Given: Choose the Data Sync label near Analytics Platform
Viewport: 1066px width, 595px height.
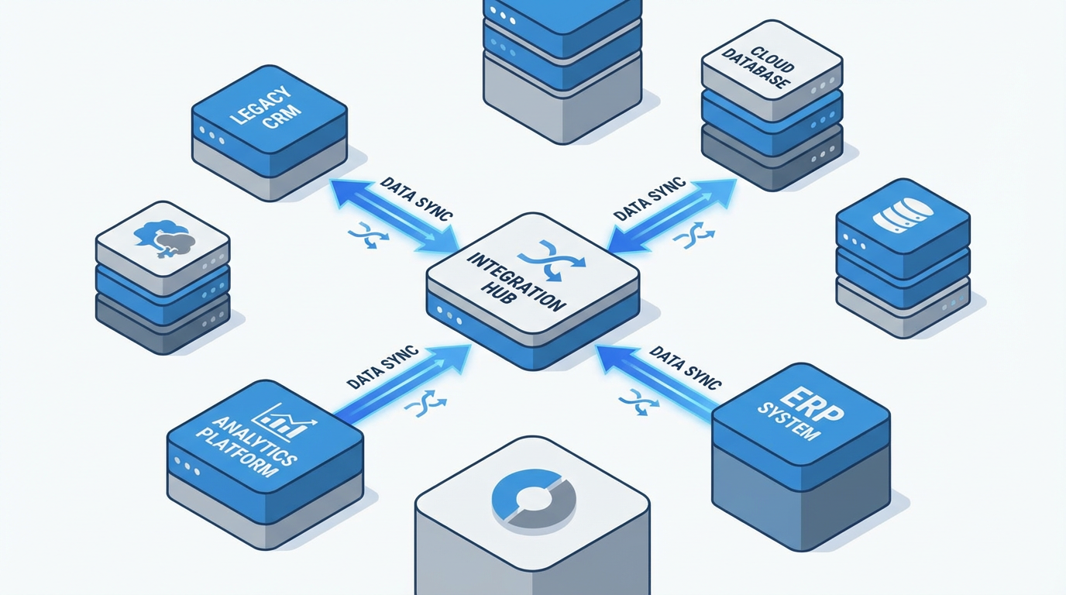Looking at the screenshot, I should click(383, 366).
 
